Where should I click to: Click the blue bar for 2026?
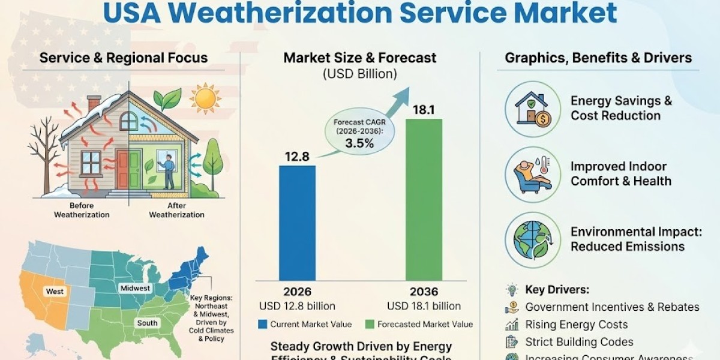(297, 222)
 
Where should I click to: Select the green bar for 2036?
(424, 198)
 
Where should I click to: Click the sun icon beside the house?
(205, 98)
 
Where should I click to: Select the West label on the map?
(55, 291)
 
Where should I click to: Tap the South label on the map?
(147, 323)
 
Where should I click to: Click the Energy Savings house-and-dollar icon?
(529, 109)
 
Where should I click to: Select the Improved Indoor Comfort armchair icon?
(529, 174)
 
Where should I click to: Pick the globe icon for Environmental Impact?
(529, 239)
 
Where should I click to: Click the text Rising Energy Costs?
(576, 325)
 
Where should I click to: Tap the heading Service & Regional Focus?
(123, 58)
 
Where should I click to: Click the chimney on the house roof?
(94, 104)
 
